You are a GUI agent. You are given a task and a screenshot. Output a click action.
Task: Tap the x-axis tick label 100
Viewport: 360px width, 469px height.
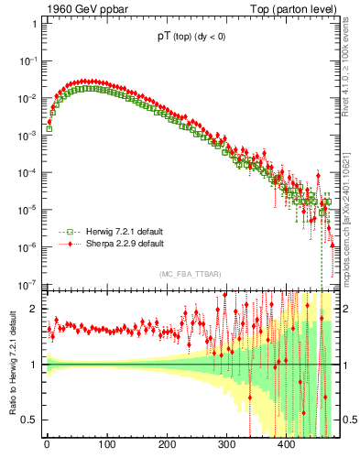coord(106,446)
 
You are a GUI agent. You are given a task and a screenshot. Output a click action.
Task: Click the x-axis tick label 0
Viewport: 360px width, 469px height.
coord(47,446)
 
